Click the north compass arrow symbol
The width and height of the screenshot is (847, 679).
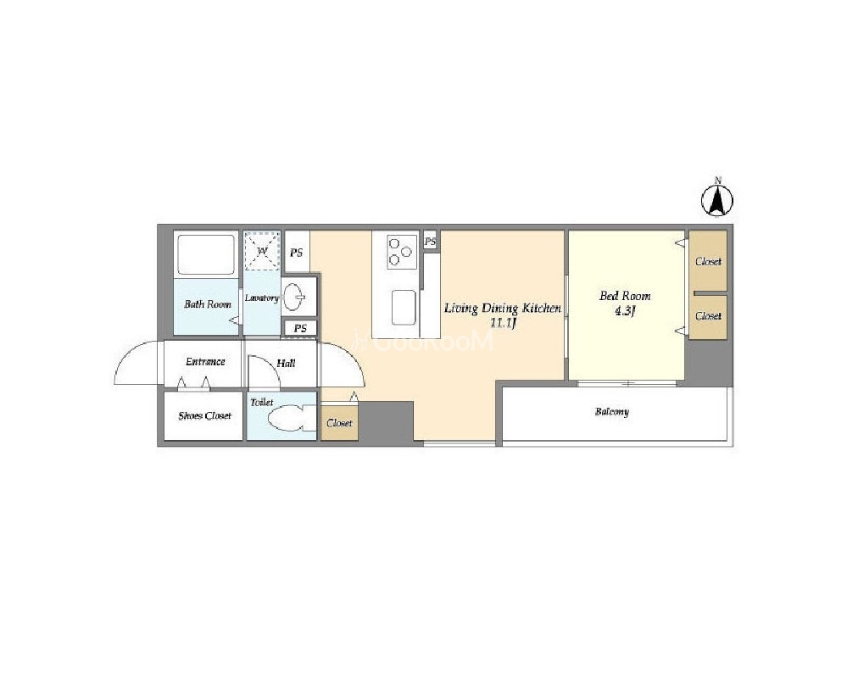[717, 201]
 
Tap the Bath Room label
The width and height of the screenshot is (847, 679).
[208, 304]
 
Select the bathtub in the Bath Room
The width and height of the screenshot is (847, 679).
[206, 253]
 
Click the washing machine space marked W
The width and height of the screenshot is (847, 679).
[262, 251]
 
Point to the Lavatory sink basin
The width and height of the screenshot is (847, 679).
[294, 297]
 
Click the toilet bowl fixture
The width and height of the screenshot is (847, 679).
[287, 419]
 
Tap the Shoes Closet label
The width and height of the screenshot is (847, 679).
[204, 415]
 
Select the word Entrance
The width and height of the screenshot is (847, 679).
[205, 361]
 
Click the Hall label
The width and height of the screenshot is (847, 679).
[286, 363]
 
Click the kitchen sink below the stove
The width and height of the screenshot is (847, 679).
[404, 308]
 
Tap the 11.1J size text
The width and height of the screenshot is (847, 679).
[504, 324]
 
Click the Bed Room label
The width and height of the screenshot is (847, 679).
[625, 296]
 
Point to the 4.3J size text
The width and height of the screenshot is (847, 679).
[625, 311]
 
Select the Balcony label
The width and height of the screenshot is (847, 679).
[612, 412]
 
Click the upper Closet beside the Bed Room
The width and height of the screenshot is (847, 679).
[708, 261]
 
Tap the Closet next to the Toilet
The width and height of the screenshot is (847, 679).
[339, 422]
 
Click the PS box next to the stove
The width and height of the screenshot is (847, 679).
[430, 242]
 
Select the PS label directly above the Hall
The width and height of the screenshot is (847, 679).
[300, 328]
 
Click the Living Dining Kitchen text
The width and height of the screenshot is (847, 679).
[503, 309]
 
